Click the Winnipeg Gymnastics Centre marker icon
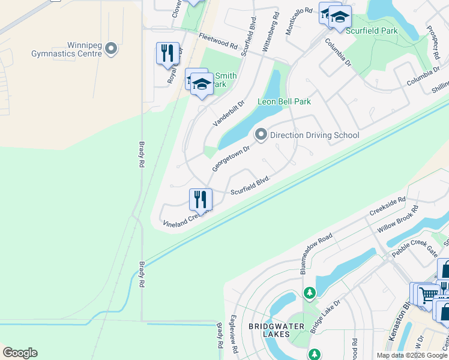click(110, 49)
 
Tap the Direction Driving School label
click(314, 135)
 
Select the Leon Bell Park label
click(284, 101)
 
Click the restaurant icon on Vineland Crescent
click(200, 199)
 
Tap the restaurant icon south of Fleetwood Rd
click(167, 53)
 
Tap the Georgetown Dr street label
click(230, 158)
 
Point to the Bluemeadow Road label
click(316, 247)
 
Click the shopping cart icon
click(427, 294)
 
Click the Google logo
click(20, 353)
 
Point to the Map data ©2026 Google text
click(412, 355)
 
